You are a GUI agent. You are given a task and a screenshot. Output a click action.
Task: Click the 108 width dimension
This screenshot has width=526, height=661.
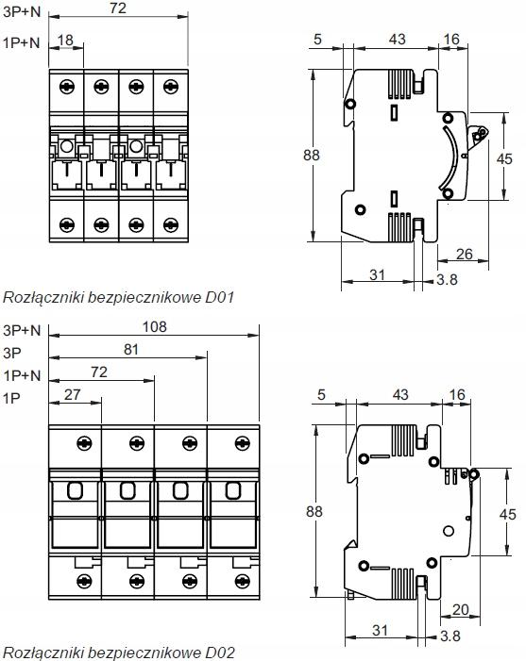pos(155,326)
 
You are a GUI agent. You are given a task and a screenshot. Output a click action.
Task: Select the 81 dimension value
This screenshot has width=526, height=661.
pos(131,350)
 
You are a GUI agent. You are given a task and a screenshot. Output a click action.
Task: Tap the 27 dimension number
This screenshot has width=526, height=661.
pos(72,394)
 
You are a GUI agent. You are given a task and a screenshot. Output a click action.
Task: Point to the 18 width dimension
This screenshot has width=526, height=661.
pos(65,40)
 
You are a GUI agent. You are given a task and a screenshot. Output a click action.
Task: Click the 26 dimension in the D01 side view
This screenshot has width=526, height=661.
pos(464,255)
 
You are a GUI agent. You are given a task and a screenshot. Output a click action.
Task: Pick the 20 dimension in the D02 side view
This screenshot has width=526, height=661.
pos(460,609)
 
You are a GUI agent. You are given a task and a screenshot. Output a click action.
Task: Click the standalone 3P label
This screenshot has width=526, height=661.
pos(12,353)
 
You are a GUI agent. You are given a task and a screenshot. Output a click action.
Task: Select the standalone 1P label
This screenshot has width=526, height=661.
pos(12,398)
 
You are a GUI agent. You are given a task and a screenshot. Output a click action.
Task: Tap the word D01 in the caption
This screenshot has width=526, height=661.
pos(219,298)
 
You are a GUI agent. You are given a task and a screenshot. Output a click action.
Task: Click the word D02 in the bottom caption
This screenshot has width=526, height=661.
pos(220,653)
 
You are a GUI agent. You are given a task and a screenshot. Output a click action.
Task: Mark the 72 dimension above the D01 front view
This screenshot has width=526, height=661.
pos(118,8)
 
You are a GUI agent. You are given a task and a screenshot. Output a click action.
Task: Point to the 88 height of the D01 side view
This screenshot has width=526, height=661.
pos(312,156)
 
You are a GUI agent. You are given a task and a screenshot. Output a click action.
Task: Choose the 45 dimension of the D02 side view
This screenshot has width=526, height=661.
pos(507,514)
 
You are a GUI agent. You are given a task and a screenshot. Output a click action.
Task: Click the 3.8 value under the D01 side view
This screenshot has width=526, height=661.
pos(447,279)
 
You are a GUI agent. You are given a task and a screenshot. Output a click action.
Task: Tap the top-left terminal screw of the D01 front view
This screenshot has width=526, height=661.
pos(67,87)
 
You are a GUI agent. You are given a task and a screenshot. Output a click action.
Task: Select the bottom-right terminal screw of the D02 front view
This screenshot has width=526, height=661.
pos(243,582)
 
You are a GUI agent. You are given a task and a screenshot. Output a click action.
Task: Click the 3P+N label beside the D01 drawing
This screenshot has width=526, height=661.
pos(22,12)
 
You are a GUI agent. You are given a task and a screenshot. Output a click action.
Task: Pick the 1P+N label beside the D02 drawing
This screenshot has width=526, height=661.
pos(22,375)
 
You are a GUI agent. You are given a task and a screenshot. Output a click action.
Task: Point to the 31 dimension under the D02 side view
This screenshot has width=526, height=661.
pos(380,631)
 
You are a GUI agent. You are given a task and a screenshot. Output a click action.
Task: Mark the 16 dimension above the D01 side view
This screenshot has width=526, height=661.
pos(451,40)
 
